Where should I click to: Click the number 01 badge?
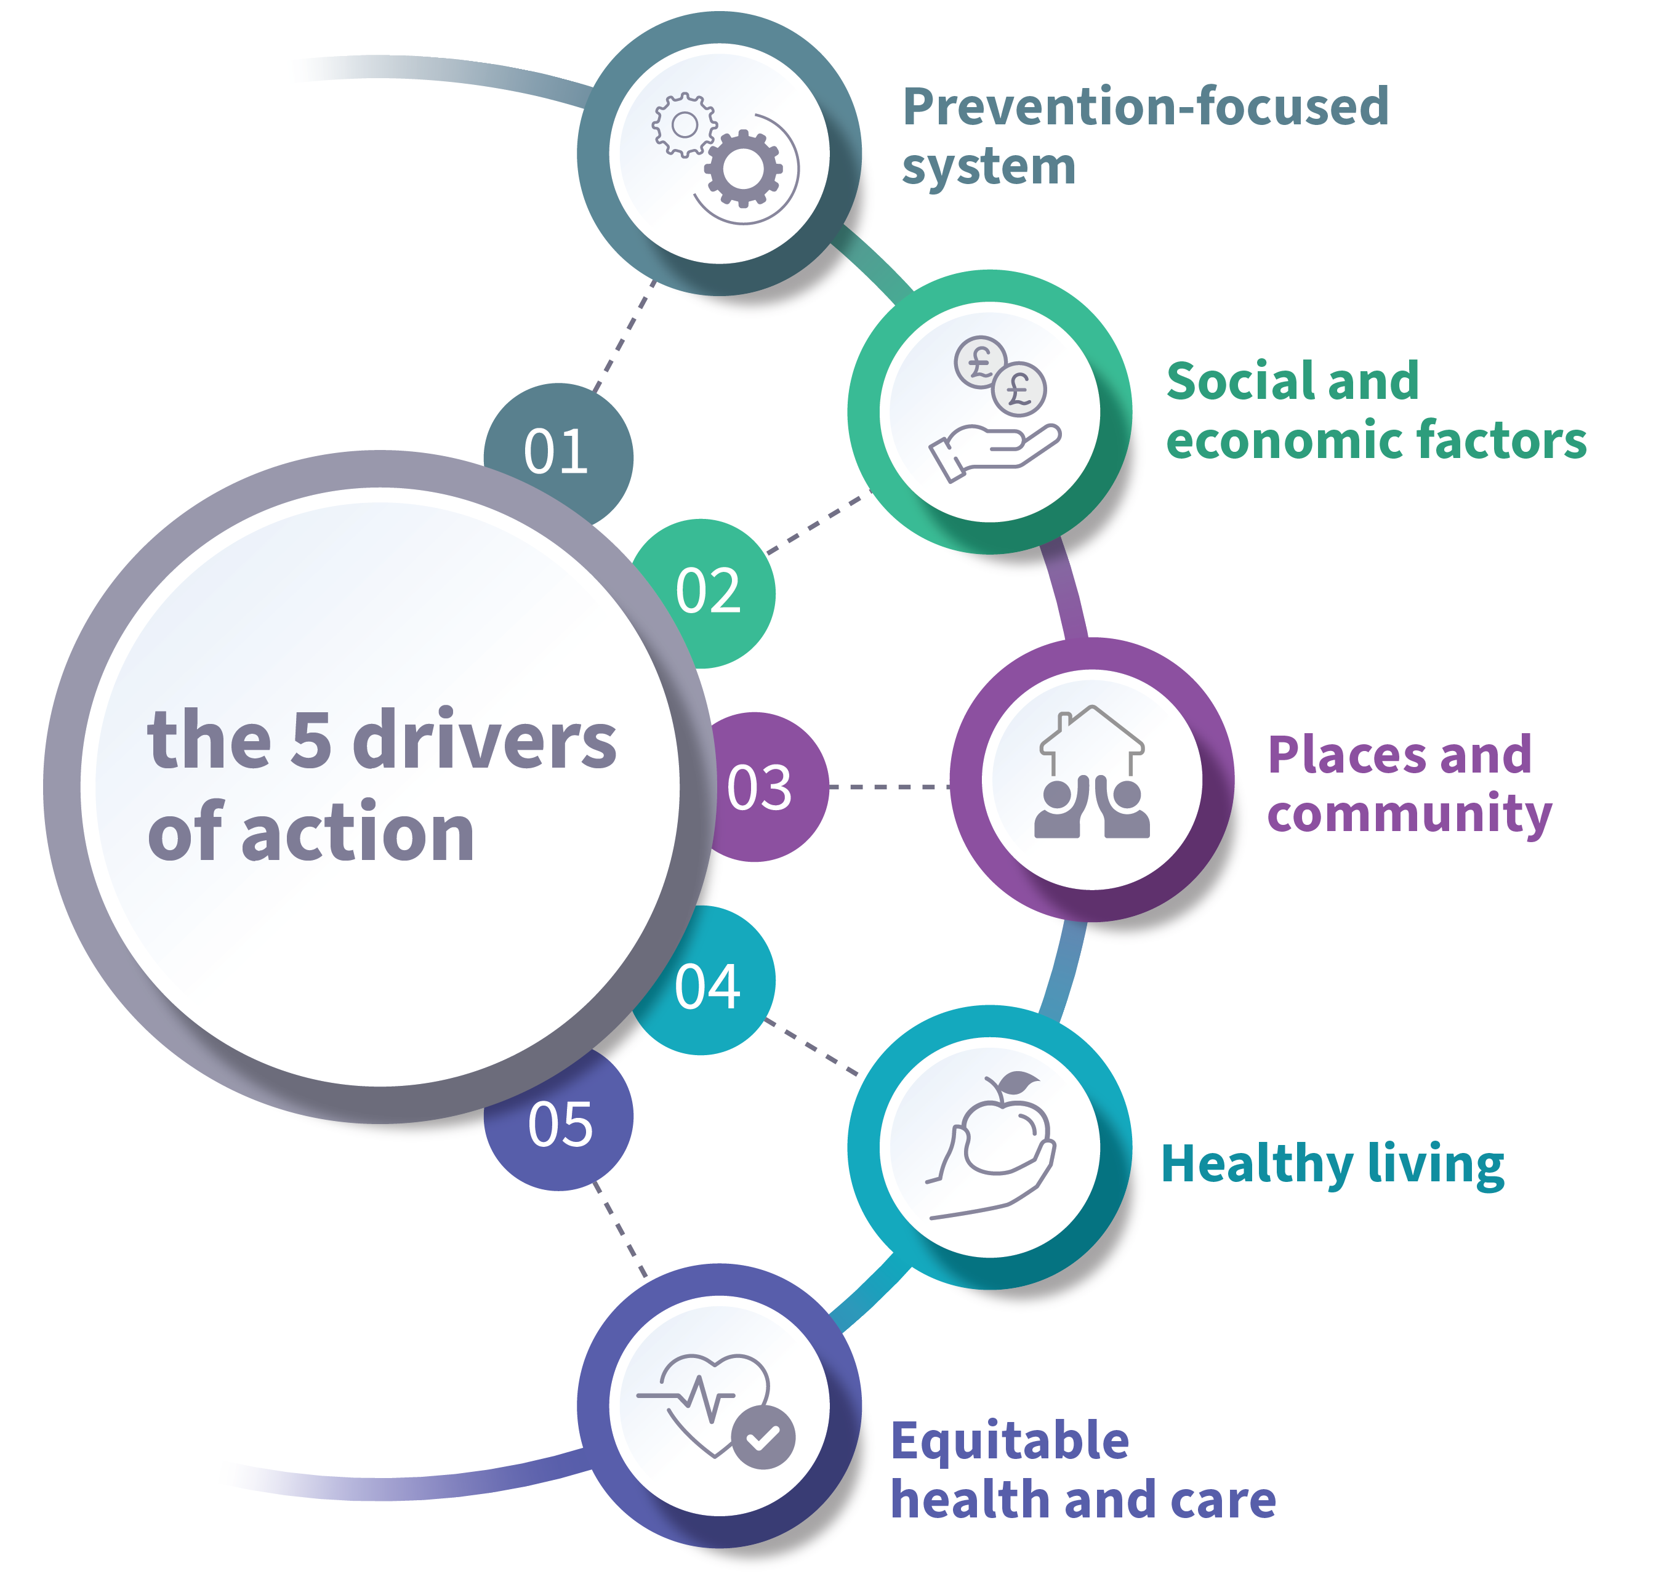click(x=557, y=450)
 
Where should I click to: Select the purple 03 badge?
click(x=759, y=787)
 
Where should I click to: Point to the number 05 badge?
click(x=560, y=1124)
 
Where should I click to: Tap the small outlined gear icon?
click(x=684, y=125)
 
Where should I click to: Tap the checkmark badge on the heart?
click(x=763, y=1437)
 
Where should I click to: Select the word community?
click(x=1410, y=814)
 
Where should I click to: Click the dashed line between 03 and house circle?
click(x=888, y=787)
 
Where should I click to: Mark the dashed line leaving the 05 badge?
click(x=621, y=1227)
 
